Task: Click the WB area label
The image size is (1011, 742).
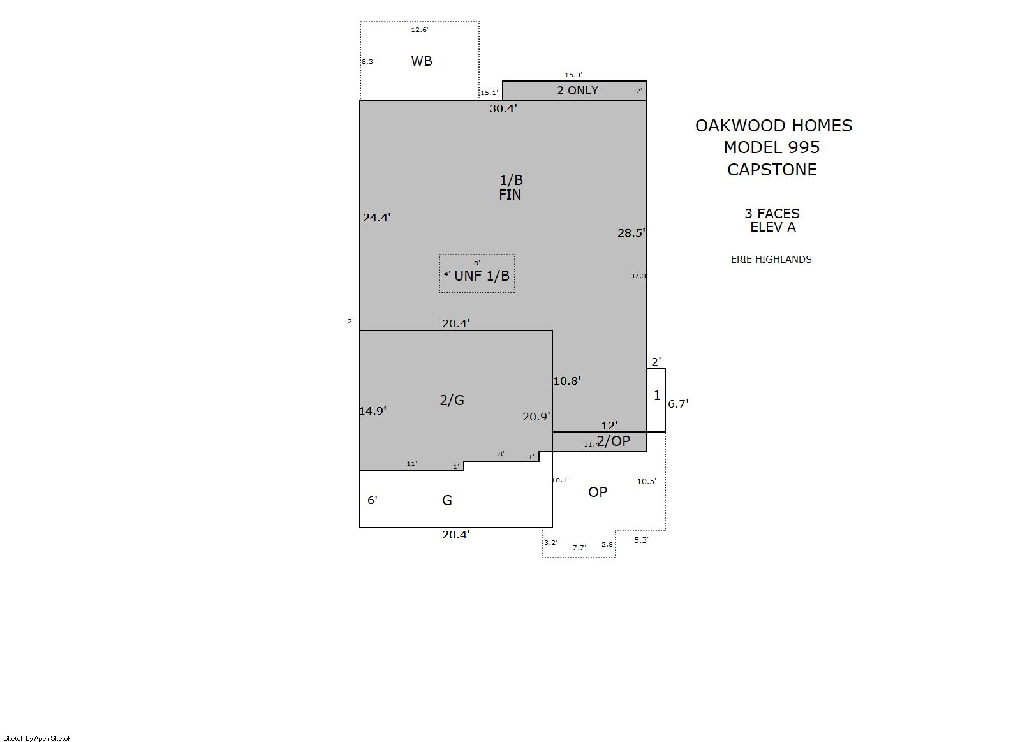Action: coord(422,61)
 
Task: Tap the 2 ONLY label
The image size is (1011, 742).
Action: coord(577,90)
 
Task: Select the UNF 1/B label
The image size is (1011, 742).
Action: coord(482,276)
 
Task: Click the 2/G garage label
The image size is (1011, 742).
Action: coord(452,400)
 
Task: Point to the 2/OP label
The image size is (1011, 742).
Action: coord(613,440)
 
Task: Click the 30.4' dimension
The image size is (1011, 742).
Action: coord(503,108)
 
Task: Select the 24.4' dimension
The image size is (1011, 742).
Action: coord(376,218)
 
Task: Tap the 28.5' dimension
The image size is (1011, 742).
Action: coord(631,233)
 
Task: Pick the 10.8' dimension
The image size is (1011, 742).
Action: coord(567,381)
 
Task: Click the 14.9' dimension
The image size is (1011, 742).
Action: coord(373,411)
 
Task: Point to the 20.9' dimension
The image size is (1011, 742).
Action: coord(536,417)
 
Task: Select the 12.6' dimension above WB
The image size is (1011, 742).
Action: coord(419,30)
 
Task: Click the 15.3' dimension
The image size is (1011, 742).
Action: coord(573,75)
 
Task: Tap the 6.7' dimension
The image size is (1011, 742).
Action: coord(678,404)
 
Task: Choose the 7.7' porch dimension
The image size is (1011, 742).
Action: coord(579,547)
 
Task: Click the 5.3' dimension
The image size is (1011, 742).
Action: coord(641,540)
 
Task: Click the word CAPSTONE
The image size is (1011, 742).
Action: coord(772,170)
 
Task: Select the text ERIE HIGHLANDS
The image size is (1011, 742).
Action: coord(771,260)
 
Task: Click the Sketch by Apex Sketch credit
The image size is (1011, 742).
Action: coord(38,738)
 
